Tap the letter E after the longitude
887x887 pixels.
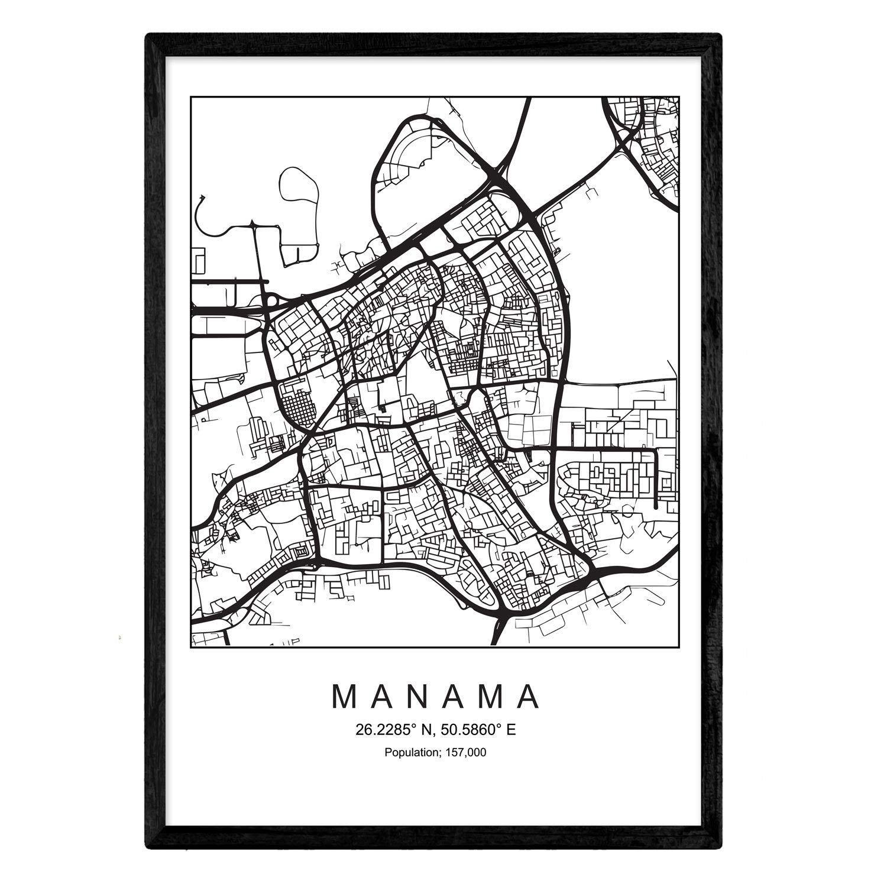point(511,730)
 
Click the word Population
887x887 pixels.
point(409,753)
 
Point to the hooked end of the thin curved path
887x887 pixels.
point(202,197)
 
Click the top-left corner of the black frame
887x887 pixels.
point(147,35)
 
